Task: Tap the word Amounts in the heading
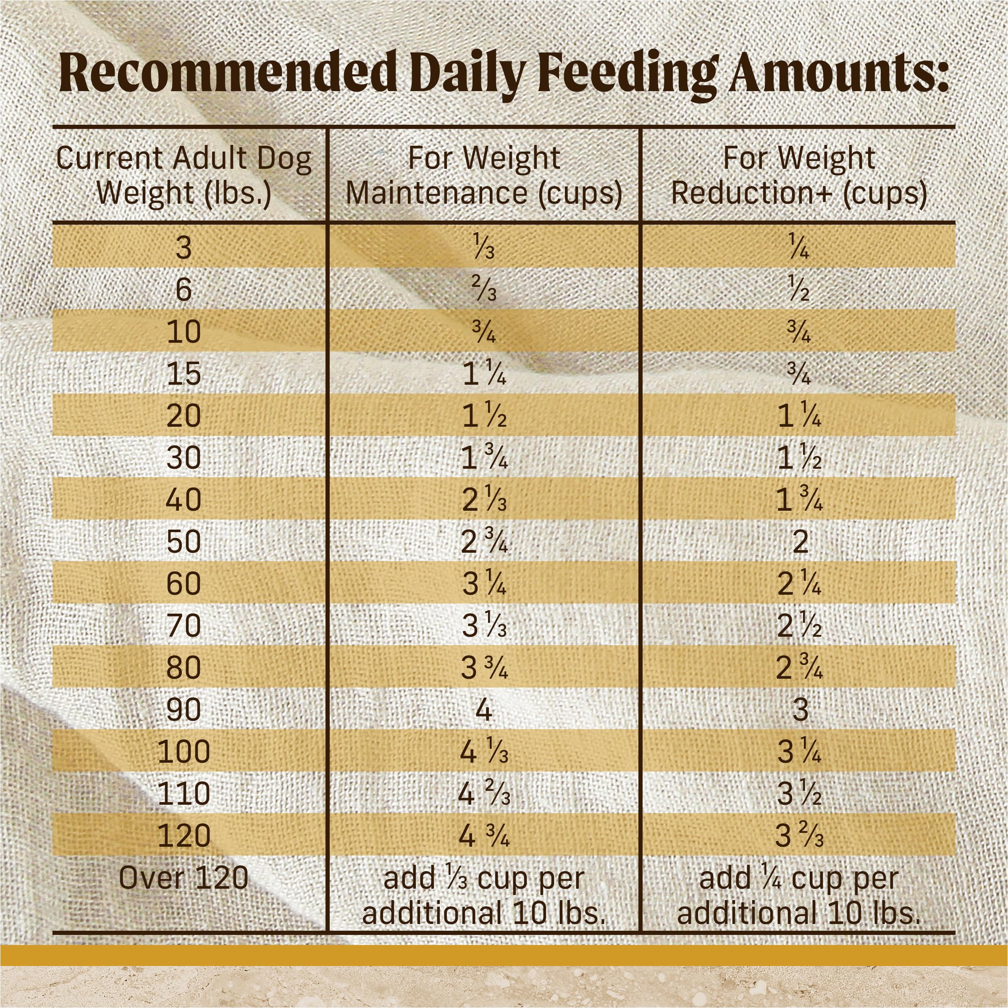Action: tap(838, 73)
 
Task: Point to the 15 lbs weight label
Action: tap(184, 373)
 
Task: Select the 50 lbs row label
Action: tap(184, 541)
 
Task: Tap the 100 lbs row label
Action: tap(184, 751)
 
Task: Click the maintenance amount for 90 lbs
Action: tap(484, 709)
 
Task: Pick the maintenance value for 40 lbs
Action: tap(484, 500)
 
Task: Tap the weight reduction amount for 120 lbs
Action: tap(799, 836)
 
